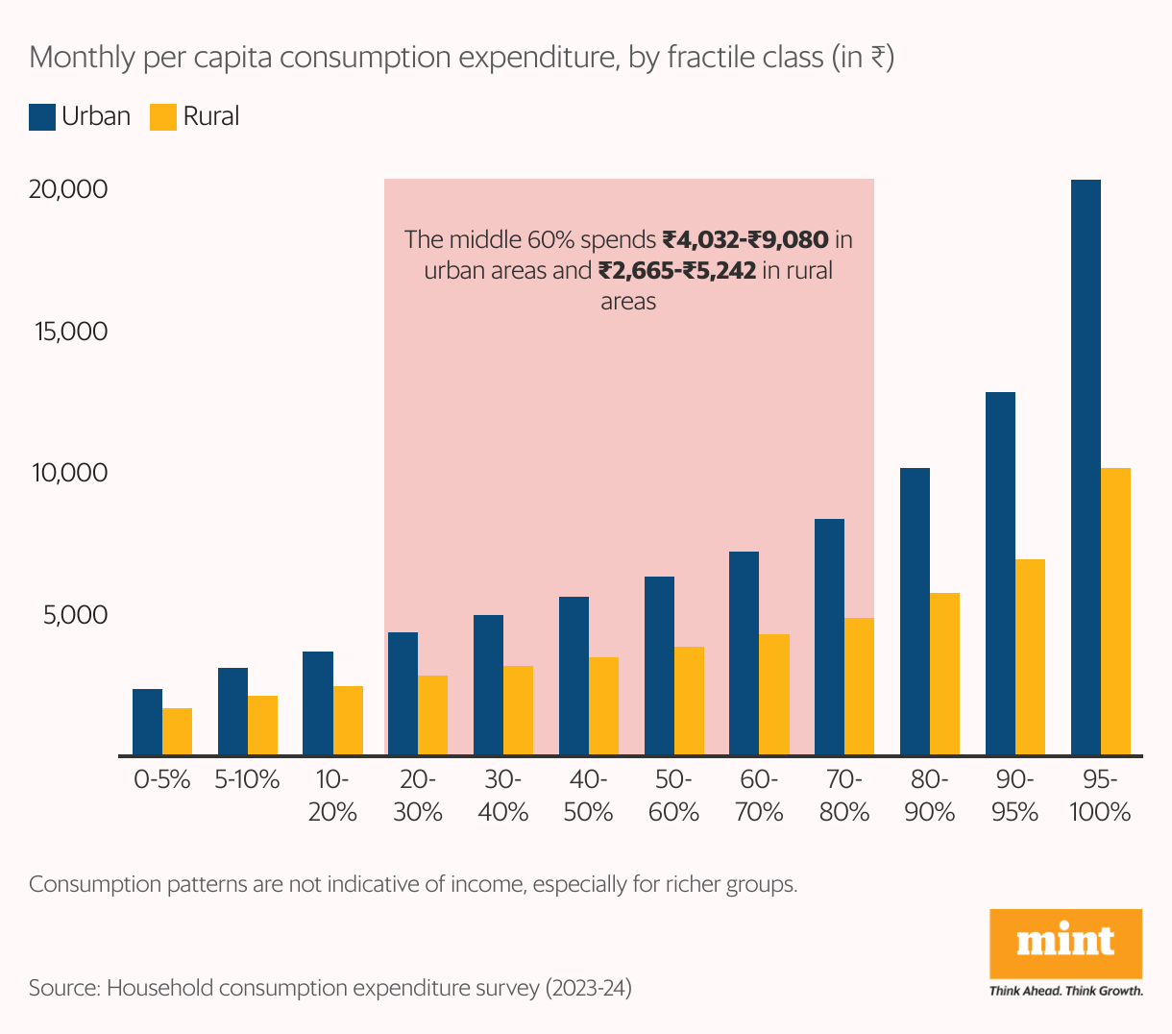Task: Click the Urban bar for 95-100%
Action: point(1086,467)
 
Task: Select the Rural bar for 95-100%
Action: point(1115,611)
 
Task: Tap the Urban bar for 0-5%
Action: point(147,722)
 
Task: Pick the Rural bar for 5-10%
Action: point(262,726)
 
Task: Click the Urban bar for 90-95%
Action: point(1000,574)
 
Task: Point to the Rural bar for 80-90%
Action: point(944,674)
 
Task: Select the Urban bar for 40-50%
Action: point(574,676)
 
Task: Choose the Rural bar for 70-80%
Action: point(859,686)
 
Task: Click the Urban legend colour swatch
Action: point(42,117)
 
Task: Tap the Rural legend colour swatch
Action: point(163,117)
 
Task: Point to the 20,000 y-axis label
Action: point(68,189)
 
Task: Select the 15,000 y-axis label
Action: point(71,332)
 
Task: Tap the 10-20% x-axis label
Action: point(332,795)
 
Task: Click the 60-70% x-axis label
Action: point(759,795)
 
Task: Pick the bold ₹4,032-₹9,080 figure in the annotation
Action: point(745,238)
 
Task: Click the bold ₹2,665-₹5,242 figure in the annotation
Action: point(677,270)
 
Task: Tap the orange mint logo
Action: point(1065,943)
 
